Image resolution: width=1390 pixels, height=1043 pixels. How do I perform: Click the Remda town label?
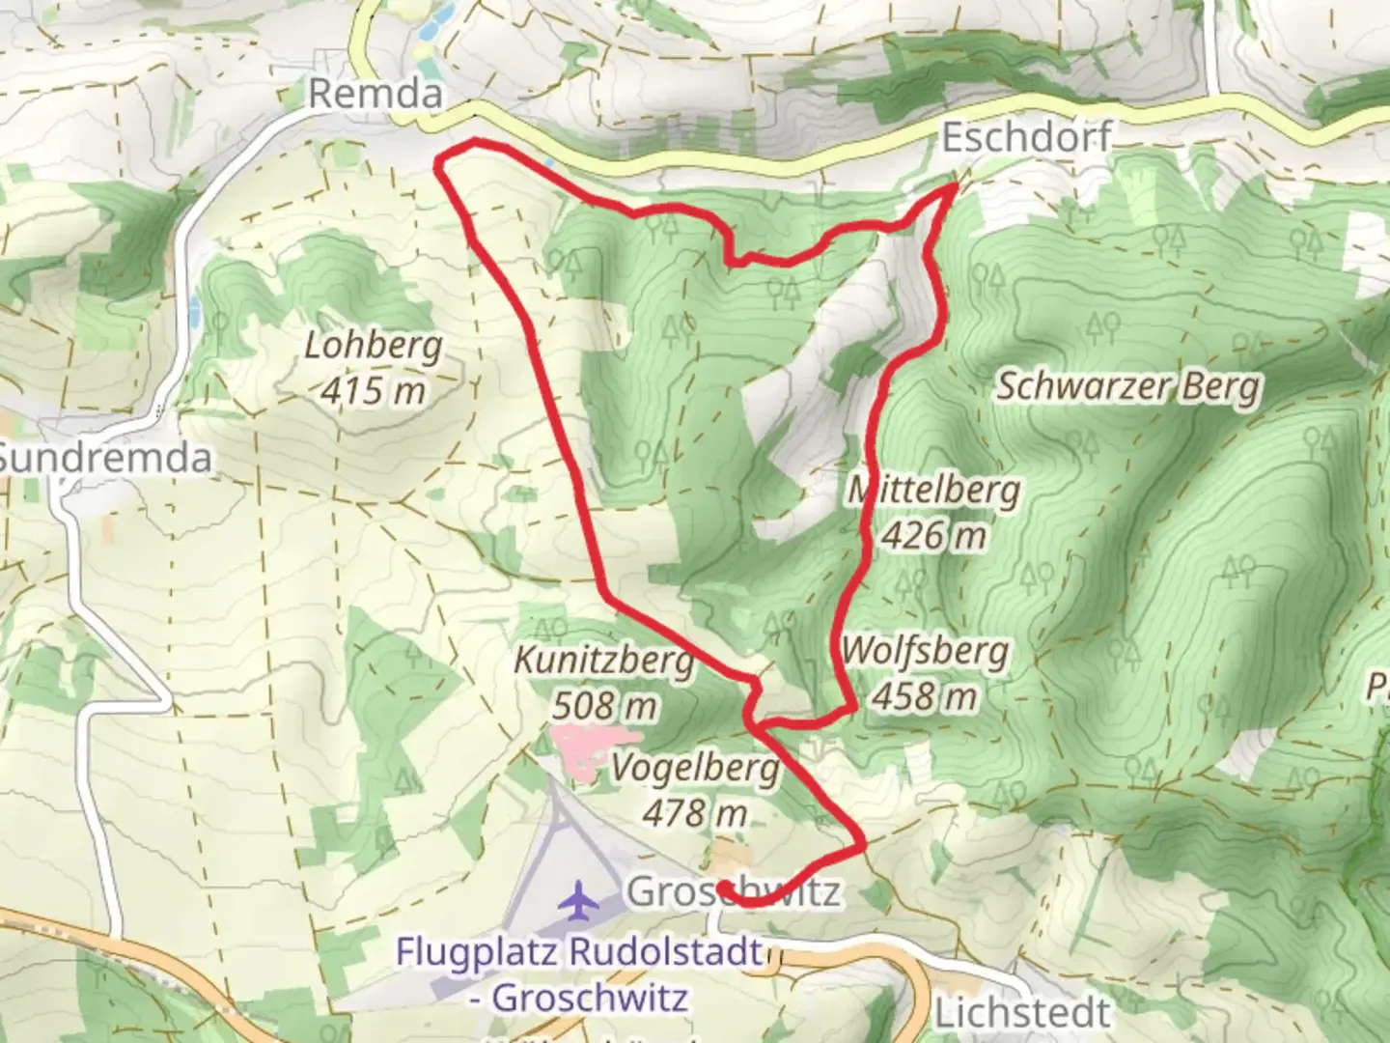(x=375, y=94)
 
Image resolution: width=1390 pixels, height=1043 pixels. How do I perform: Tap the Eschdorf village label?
(x=1025, y=137)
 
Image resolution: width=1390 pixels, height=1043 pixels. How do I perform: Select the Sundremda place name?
(x=104, y=457)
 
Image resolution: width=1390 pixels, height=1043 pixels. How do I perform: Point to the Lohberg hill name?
(x=373, y=346)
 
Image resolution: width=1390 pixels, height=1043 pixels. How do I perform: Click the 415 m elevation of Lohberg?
(x=373, y=390)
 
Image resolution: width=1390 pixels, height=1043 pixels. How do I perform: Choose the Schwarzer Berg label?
(x=1127, y=386)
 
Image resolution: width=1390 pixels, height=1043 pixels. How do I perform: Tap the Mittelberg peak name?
(x=933, y=491)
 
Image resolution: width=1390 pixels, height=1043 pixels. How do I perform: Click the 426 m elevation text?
(x=933, y=534)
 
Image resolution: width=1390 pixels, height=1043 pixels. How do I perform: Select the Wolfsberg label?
(x=925, y=652)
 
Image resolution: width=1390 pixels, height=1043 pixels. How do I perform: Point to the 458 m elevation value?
(x=925, y=695)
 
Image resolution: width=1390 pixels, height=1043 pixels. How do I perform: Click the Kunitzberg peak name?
(x=603, y=662)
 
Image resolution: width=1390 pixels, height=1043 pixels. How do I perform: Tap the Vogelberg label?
(x=695, y=769)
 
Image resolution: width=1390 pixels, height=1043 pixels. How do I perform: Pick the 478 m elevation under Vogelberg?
(x=695, y=813)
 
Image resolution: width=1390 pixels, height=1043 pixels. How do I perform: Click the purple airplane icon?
(x=579, y=901)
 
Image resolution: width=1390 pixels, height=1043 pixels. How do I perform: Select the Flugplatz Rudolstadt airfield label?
(x=579, y=951)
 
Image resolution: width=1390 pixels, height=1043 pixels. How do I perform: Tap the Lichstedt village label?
(x=1022, y=1013)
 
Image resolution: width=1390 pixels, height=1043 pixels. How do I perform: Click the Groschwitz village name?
(x=734, y=891)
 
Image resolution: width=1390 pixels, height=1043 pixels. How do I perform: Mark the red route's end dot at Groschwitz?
(x=723, y=887)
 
